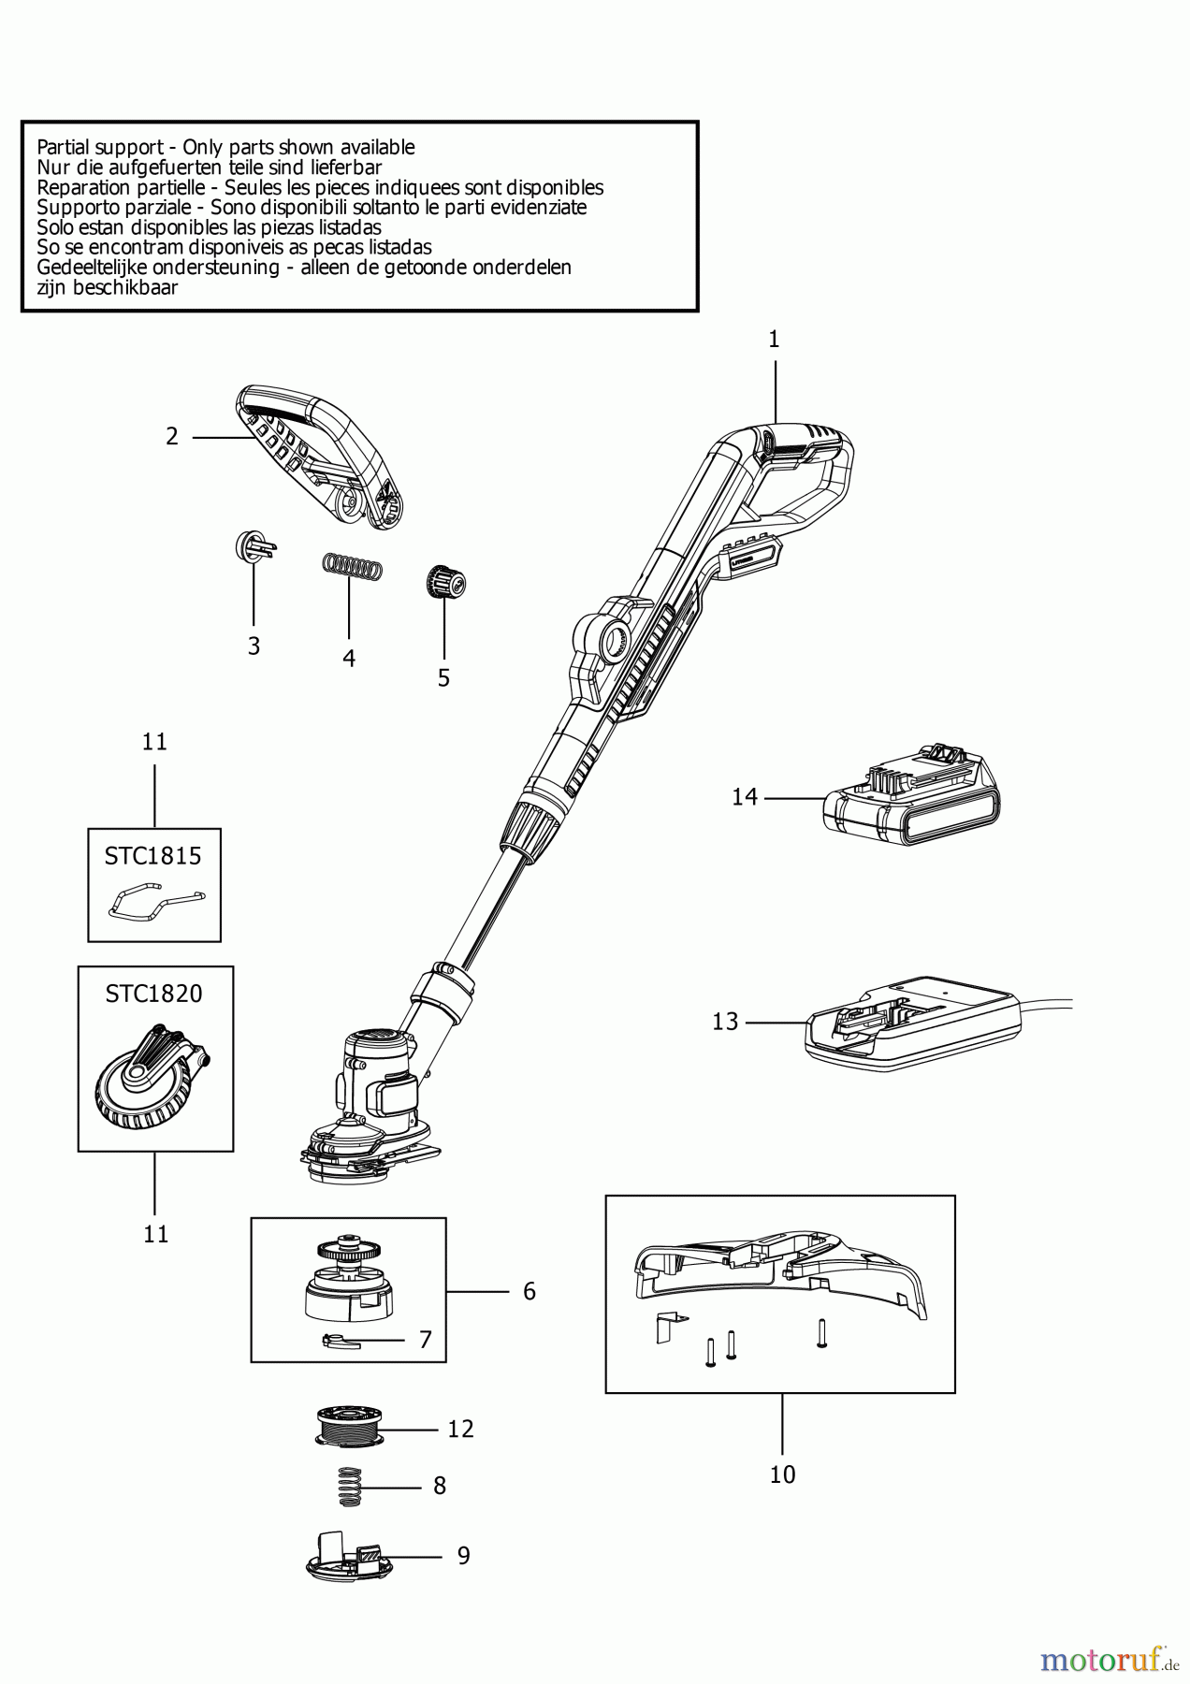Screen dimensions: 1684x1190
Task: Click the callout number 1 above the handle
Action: point(774,340)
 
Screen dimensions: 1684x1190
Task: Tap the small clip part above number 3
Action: point(254,546)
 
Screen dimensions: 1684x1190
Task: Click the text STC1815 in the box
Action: point(153,856)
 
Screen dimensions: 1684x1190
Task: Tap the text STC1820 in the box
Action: point(153,994)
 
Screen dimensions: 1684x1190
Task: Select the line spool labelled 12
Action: point(350,1428)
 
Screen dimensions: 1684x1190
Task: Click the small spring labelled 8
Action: point(349,1486)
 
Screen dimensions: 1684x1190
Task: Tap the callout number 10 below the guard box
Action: point(782,1474)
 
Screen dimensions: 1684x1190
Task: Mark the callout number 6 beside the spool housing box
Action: point(530,1292)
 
